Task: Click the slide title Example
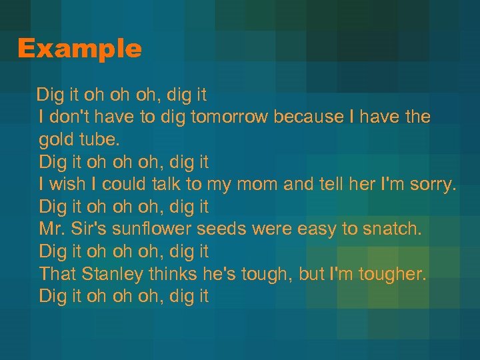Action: point(79,49)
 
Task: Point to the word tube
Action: point(101,140)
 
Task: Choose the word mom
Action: point(261,185)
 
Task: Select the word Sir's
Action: point(89,229)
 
